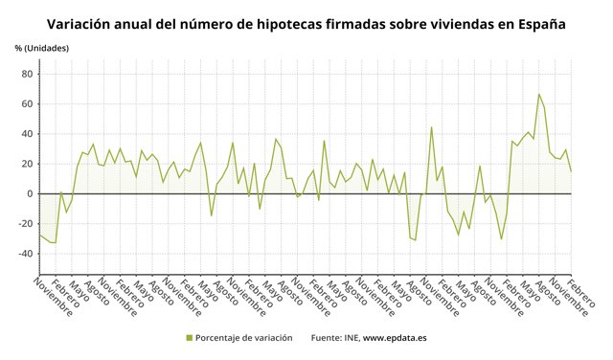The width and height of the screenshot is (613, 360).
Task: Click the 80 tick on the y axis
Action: [27, 74]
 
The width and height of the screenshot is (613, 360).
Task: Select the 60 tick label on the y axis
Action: [27, 103]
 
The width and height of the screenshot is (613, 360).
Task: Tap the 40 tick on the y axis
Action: [27, 134]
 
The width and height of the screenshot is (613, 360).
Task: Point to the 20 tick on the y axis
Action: [27, 164]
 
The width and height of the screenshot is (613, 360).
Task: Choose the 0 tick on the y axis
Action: [30, 193]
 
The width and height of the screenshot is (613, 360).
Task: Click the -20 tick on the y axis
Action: [25, 224]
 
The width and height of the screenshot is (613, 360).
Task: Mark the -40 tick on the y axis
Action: [25, 254]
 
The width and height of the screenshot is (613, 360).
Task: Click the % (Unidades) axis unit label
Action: [41, 48]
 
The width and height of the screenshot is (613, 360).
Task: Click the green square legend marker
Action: [189, 338]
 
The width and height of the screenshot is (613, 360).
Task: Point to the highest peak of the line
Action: [539, 94]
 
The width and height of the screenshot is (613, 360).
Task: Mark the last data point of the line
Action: [571, 170]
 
